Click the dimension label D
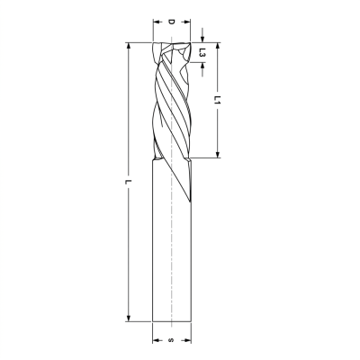171,22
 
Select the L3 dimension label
202,52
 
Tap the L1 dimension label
218,100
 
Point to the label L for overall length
129,182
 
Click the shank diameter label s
171,340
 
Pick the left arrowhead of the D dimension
157,22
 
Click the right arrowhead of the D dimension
187,22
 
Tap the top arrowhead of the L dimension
129,46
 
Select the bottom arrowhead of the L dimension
129,319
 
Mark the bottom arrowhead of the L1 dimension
218,154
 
